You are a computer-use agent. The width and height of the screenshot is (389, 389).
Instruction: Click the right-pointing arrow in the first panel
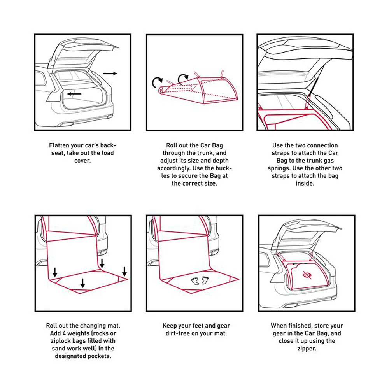pos(110,73)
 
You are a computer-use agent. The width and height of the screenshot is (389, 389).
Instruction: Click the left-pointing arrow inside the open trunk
pos(74,94)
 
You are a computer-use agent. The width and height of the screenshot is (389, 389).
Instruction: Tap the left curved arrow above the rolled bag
pos(157,82)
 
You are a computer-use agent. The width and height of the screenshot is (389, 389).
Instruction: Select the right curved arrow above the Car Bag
pos(183,79)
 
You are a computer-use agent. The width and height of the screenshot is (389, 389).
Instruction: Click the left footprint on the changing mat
pos(195,280)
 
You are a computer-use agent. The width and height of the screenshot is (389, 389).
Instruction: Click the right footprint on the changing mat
pos(205,280)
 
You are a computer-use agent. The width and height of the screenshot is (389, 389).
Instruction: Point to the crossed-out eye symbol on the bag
pos(307,275)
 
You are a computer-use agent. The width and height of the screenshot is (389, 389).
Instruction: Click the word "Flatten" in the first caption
pos(59,145)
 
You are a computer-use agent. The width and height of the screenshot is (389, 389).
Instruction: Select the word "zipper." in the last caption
pos(307,349)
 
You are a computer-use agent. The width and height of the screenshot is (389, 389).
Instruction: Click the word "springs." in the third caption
pos(279,168)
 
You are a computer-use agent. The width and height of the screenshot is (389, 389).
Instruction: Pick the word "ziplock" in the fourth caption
pos(61,341)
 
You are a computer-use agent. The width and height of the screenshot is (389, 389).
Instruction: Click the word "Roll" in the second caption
pos(172,145)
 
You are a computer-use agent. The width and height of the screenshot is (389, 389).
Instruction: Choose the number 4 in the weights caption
pos(64,333)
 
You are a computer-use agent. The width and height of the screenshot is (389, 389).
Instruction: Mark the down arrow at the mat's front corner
pos(83,283)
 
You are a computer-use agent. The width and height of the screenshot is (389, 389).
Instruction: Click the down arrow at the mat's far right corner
pos(124,272)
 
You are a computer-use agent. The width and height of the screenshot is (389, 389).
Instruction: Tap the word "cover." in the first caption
pos(82,161)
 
